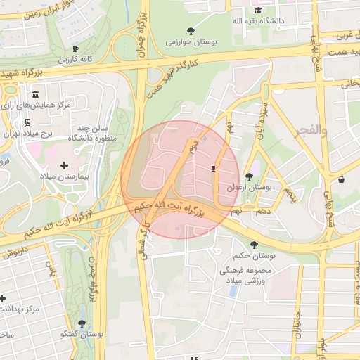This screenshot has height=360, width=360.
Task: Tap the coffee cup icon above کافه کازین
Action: pyautogui.click(x=75, y=49)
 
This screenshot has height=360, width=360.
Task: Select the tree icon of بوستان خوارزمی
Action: pyautogui.click(x=191, y=30)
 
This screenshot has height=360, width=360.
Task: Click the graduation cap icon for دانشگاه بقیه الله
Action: pyautogui.click(x=258, y=11)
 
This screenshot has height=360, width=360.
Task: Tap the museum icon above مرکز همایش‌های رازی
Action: pyautogui.click(x=36, y=94)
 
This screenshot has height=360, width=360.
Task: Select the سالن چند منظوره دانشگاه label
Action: pyautogui.click(x=91, y=133)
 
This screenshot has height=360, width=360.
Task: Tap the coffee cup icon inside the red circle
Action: pyautogui.click(x=214, y=169)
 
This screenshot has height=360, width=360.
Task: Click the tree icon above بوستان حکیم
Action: pyautogui.click(x=254, y=245)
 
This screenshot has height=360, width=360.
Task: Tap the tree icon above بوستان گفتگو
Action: pyautogui.click(x=82, y=324)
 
